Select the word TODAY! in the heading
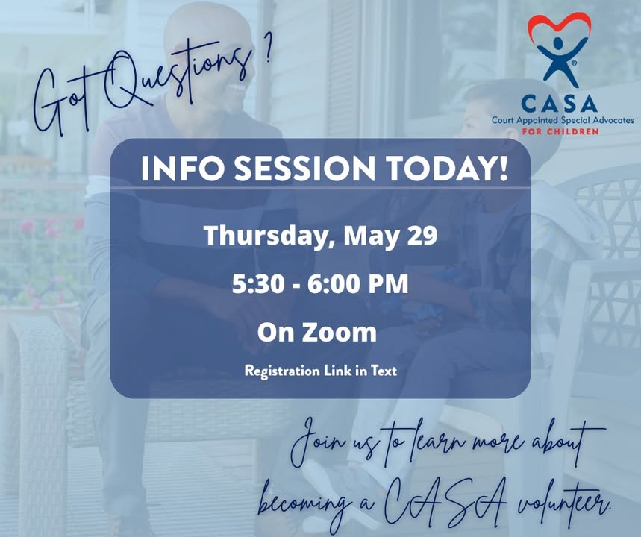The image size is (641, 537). point(448,169)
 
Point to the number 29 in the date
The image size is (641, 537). point(422,236)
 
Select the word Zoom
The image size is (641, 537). point(340,332)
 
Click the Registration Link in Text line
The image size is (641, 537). point(321,371)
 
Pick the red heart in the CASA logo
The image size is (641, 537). point(559,25)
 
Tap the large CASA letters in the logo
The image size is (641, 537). point(559,104)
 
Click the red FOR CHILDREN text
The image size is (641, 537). point(560,131)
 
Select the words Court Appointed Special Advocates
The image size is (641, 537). point(563,120)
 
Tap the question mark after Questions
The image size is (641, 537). point(267,49)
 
